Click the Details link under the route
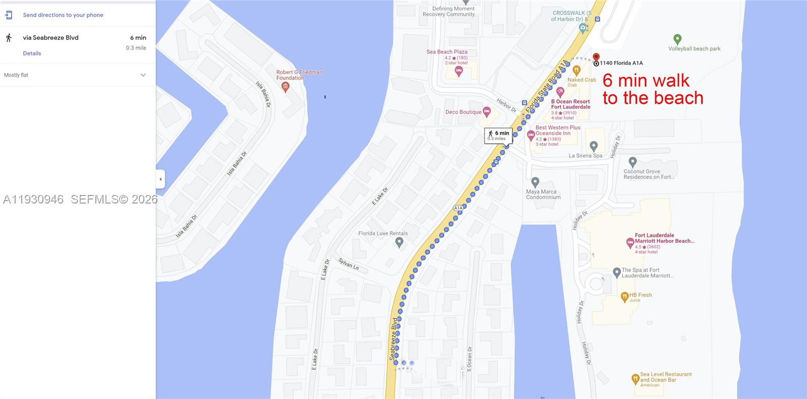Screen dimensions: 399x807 click(x=32, y=53)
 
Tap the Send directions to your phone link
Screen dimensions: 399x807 click(x=63, y=15)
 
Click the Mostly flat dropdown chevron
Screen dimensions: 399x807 click(x=143, y=75)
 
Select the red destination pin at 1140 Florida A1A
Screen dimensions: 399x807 click(x=596, y=57)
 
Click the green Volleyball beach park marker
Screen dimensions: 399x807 click(x=677, y=39)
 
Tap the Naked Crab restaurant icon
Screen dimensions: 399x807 click(x=577, y=70)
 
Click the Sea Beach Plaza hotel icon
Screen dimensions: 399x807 click(x=458, y=71)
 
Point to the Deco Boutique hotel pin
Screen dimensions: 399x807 click(x=487, y=111)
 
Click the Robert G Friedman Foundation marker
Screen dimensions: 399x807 click(x=285, y=87)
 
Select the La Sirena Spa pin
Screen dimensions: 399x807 click(x=594, y=146)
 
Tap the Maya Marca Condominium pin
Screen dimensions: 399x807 click(x=535, y=182)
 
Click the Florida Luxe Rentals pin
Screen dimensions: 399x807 click(x=399, y=242)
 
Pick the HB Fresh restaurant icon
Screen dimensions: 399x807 click(x=624, y=297)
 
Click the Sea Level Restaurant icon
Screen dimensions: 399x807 click(x=636, y=378)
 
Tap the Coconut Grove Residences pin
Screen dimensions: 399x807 click(x=632, y=162)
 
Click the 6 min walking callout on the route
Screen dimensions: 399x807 click(x=498, y=135)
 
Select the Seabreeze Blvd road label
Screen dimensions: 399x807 click(x=393, y=339)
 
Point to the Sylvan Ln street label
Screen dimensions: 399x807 click(x=349, y=264)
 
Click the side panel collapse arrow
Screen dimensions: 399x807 click(x=160, y=179)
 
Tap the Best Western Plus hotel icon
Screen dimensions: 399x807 click(x=531, y=135)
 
